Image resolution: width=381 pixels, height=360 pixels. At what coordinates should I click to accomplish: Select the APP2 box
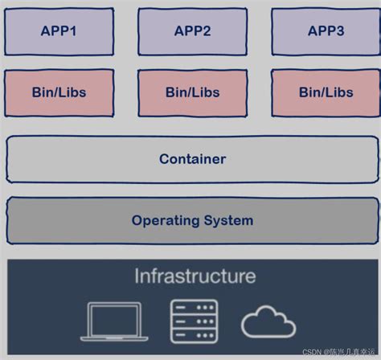192,31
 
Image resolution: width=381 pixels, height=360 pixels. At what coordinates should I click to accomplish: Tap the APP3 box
326,31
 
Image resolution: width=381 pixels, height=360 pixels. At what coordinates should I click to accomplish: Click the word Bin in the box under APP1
43,92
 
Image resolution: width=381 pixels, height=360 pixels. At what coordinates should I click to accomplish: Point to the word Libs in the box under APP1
71,92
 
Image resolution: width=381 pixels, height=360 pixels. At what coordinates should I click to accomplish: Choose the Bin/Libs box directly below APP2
192,92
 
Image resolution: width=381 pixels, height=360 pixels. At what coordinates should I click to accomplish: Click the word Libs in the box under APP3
338,92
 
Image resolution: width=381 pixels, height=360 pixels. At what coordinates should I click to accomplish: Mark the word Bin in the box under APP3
309,92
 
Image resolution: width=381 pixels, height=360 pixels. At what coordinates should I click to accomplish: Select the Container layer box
191,159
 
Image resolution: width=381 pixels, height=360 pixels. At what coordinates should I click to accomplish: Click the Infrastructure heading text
195,276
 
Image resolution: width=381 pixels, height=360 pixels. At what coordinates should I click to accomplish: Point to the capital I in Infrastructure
137,276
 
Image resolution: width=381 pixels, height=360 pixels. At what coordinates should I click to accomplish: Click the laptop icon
114,321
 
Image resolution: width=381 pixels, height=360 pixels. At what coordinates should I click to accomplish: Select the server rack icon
194,321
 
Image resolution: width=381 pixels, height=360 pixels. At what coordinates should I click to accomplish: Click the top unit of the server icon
194,307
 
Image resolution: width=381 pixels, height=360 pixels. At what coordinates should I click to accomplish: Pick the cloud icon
268,323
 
